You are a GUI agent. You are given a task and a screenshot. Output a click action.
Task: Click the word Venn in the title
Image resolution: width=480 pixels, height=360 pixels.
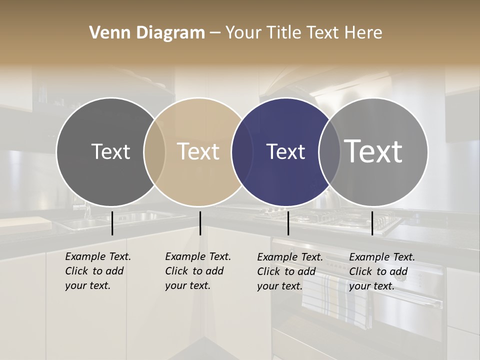pos(106,33)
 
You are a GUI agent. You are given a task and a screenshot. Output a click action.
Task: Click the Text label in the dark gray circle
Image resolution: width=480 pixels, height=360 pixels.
pos(110,151)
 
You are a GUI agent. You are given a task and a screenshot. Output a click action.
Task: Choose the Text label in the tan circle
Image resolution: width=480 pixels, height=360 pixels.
pos(198,151)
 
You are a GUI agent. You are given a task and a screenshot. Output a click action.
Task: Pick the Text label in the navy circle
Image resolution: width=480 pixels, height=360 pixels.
pos(285,151)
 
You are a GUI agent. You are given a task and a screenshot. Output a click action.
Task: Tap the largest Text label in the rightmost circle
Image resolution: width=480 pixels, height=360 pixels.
pos(373,151)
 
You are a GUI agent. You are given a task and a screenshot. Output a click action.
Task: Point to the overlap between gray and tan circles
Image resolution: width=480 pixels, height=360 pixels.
pos(154,151)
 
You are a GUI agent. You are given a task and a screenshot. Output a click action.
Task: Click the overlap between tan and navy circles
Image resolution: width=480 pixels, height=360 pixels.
pos(242,151)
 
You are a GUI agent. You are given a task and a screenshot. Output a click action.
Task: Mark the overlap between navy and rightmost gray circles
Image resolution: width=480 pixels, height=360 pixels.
pos(329,151)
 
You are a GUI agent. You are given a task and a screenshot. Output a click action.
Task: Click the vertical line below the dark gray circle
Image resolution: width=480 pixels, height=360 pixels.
pos(112,223)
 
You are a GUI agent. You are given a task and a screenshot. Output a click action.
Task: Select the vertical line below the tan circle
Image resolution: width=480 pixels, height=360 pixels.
pos(200,223)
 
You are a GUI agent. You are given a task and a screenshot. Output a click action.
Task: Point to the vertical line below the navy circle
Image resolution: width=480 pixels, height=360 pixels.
pos(288,223)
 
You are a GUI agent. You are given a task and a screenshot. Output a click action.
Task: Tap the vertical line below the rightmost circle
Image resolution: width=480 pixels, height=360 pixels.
pos(372,223)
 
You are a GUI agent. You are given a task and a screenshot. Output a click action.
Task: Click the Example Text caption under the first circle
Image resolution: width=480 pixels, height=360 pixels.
pos(97,271)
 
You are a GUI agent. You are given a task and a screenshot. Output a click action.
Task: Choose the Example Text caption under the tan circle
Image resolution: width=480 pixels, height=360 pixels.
pos(197,271)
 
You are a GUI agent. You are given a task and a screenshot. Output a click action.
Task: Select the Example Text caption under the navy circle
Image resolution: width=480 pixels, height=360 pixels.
pos(289,271)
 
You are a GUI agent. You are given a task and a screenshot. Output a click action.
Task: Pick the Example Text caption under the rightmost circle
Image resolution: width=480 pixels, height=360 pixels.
pos(381,271)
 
